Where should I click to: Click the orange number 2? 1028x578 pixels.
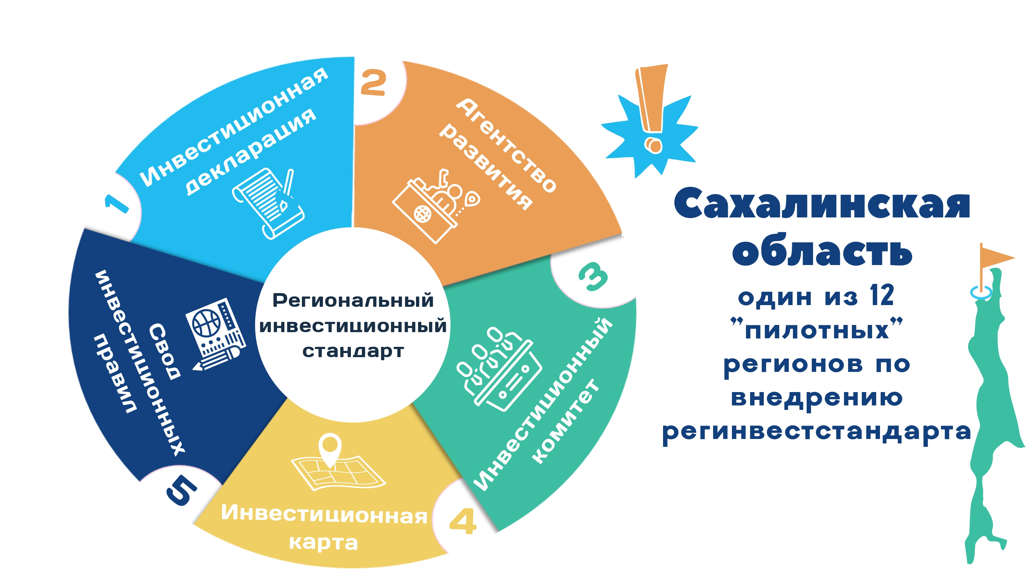373,82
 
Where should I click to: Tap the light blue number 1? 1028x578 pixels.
117,204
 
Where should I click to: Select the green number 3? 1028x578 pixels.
593,276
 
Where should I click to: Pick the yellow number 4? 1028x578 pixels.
463,521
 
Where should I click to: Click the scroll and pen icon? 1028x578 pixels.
268,203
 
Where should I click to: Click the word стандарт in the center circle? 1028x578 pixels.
353,351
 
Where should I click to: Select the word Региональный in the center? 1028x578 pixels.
353,300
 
